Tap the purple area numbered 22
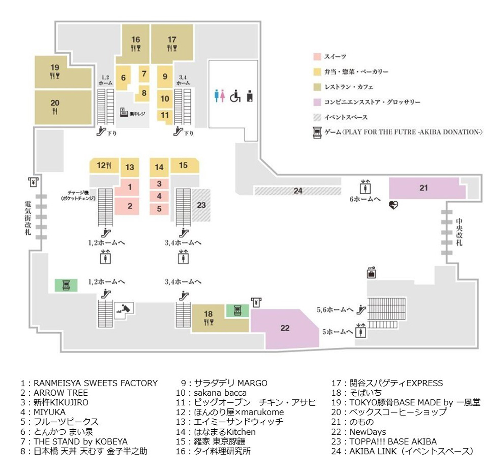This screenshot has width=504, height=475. (285, 328)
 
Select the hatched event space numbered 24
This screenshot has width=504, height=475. (298, 191)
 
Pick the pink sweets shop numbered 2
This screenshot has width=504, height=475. (127, 206)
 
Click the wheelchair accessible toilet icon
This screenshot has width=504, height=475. (235, 96)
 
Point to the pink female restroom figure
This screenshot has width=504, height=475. (223, 96)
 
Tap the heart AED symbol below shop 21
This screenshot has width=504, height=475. (394, 205)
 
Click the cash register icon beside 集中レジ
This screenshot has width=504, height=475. (124, 112)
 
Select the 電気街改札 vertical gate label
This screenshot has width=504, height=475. (28, 218)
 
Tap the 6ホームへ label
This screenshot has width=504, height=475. (365, 199)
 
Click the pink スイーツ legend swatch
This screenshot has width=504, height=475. (317, 57)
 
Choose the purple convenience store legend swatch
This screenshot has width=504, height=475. (317, 102)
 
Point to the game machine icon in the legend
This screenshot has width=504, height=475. (317, 132)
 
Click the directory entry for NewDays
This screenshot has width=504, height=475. (359, 432)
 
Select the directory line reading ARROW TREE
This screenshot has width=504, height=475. (54, 393)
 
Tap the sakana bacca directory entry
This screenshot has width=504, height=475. (211, 393)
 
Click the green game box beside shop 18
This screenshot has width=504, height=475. (238, 311)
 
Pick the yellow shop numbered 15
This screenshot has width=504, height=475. (184, 165)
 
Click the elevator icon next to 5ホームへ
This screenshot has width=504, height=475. (361, 331)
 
